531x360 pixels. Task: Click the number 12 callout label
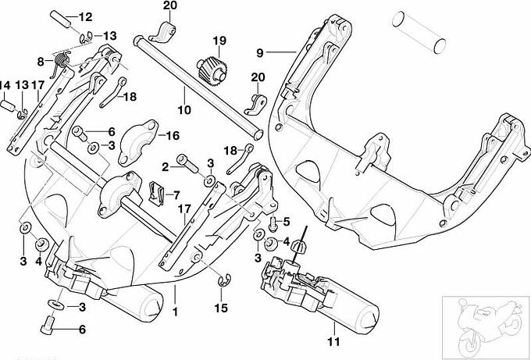[x=85, y=16]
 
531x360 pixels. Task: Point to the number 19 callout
[x=218, y=40]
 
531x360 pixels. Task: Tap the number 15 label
[x=221, y=308]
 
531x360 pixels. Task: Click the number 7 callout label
[x=176, y=194]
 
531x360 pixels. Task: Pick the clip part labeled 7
[x=156, y=191]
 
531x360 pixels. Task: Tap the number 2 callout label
[x=166, y=166]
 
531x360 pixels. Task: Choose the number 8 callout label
[x=40, y=61]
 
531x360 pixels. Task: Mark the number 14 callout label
[x=5, y=85]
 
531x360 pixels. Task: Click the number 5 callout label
[x=286, y=221]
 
